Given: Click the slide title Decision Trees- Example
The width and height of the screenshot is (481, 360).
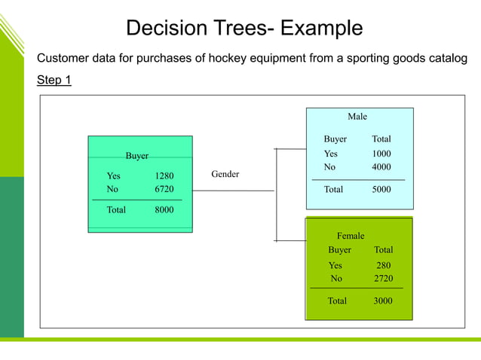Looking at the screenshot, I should (x=244, y=29).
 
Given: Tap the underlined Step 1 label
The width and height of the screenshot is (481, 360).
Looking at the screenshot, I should (x=54, y=80).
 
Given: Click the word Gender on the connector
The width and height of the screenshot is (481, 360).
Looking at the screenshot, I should (x=225, y=174).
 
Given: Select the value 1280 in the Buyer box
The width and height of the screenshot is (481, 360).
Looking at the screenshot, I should (x=164, y=176).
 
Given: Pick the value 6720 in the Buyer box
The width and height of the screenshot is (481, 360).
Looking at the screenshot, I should (x=164, y=189).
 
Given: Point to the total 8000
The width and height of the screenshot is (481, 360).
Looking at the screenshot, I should (x=164, y=210).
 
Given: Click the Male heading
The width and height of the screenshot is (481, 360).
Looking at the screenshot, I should (x=357, y=117).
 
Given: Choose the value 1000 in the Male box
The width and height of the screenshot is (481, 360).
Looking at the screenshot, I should (x=381, y=154).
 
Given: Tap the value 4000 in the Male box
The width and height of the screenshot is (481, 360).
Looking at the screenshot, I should (x=381, y=166).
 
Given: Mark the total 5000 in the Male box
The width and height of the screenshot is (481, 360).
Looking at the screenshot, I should (x=381, y=190).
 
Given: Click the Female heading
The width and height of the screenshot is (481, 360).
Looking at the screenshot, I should (x=351, y=236).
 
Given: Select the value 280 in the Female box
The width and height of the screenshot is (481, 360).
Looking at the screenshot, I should (x=384, y=265).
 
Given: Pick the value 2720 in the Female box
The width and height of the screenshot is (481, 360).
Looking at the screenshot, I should (x=384, y=278).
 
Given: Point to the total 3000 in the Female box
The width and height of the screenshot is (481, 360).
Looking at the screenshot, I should (x=382, y=301).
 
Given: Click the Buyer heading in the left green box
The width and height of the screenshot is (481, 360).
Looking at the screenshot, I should (x=136, y=156).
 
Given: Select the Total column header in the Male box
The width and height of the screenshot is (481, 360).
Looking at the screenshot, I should (x=381, y=139).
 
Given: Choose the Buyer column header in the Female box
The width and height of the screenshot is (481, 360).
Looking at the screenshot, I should (x=339, y=249).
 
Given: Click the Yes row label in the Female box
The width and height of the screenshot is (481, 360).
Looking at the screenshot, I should (x=335, y=265).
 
